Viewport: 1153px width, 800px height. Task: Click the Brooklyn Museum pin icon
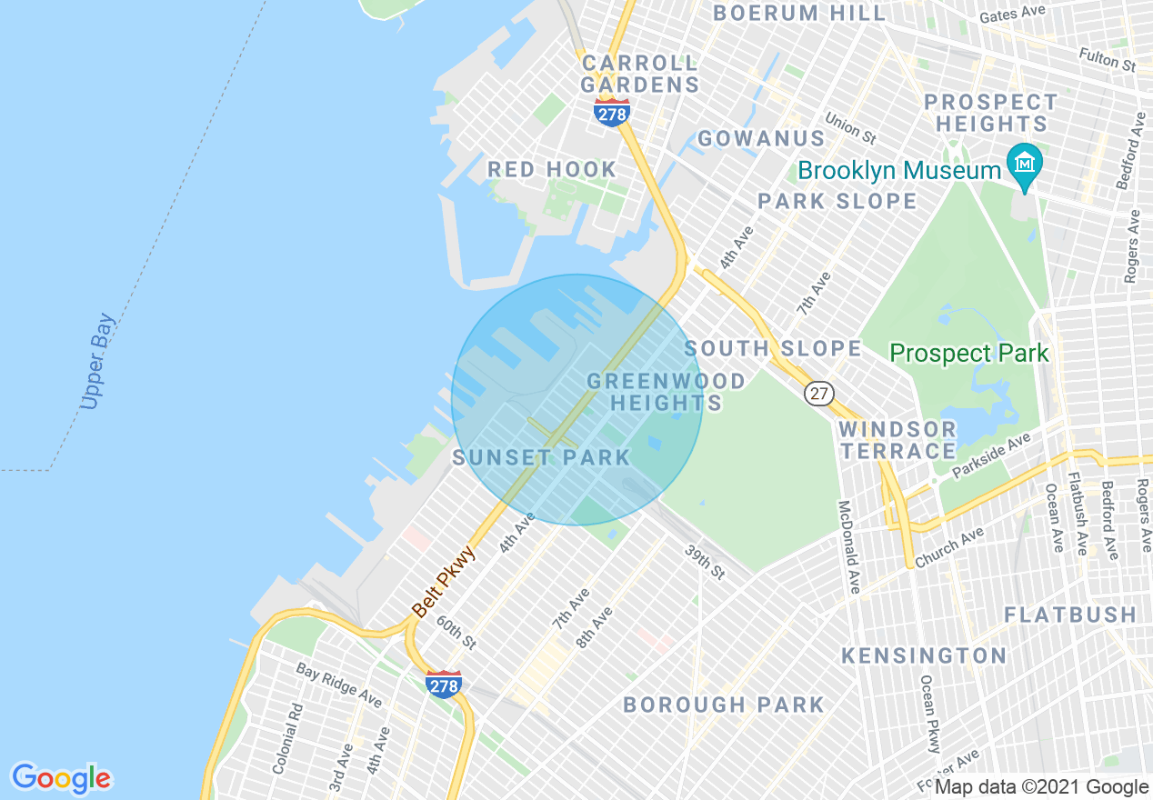tap(1025, 165)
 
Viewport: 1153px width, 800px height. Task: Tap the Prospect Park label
tap(968, 353)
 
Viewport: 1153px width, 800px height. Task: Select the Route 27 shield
tap(819, 393)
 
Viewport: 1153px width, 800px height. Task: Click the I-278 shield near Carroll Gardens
tap(612, 113)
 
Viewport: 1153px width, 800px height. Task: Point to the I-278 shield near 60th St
tap(444, 685)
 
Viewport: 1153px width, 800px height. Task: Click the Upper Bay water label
tap(97, 362)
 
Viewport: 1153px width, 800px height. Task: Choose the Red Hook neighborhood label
tap(552, 170)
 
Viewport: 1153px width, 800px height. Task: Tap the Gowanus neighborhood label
tap(761, 139)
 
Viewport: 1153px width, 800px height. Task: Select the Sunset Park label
tap(541, 457)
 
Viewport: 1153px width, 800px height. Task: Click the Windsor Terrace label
tap(897, 440)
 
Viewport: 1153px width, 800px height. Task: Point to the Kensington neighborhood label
tap(924, 655)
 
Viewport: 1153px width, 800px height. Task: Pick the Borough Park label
tap(724, 705)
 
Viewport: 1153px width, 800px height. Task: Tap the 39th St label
tap(705, 563)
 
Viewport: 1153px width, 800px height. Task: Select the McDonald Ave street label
tap(849, 547)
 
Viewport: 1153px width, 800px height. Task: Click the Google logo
tap(62, 778)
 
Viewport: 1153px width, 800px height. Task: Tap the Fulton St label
tap(1108, 60)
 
